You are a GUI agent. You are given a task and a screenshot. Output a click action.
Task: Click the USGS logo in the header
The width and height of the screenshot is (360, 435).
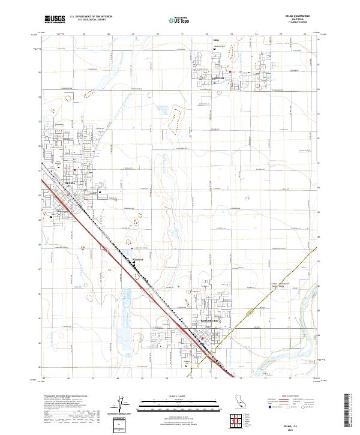54,19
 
